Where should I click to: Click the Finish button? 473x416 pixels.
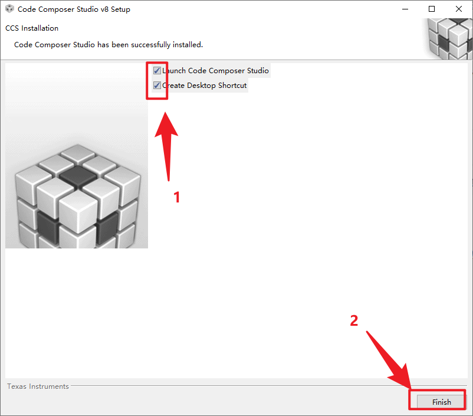click(441, 402)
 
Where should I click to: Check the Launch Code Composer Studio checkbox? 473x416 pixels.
click(157, 71)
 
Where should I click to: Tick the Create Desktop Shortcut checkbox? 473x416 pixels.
click(157, 86)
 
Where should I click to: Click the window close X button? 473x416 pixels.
click(459, 9)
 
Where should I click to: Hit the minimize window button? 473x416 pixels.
click(405, 9)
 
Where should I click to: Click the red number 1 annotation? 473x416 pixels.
click(176, 197)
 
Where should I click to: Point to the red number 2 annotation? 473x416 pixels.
click(354, 320)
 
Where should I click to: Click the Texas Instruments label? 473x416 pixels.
click(38, 386)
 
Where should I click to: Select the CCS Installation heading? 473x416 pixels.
click(32, 28)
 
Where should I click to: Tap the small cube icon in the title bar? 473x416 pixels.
click(9, 9)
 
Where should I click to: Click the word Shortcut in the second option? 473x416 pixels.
click(232, 86)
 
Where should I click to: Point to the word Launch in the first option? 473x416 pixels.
click(175, 71)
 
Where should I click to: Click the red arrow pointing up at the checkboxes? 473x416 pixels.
click(167, 142)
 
